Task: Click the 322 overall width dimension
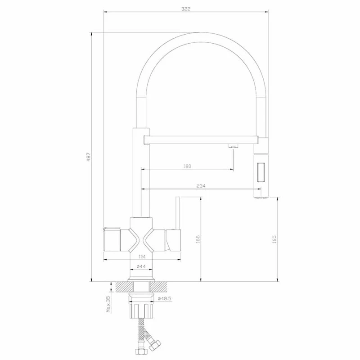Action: (x=186, y=9)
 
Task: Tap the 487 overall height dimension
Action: (x=89, y=157)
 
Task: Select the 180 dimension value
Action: (x=187, y=166)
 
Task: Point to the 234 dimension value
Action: (x=201, y=186)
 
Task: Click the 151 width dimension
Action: (x=142, y=257)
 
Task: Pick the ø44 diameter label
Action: (x=141, y=266)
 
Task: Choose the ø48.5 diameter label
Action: (x=165, y=298)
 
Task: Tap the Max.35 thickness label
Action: (x=108, y=304)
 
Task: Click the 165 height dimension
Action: (x=274, y=239)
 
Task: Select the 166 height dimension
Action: (x=198, y=239)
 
